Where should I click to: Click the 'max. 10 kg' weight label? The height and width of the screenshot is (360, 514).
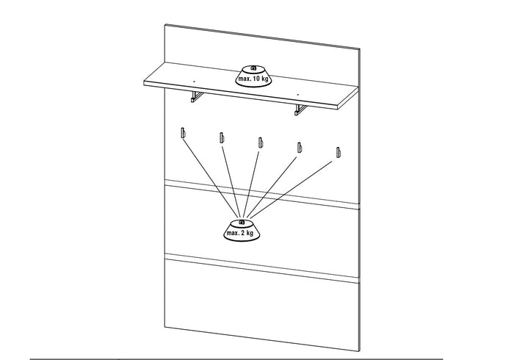(253, 79)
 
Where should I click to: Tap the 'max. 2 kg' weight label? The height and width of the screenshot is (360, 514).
(240, 233)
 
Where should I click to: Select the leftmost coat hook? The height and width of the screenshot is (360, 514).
(183, 133)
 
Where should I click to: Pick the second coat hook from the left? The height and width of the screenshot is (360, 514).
(222, 137)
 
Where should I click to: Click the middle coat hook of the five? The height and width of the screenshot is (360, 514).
(261, 143)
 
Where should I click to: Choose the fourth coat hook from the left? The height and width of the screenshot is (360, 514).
(300, 148)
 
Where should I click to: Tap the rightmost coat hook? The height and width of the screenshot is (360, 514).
(339, 153)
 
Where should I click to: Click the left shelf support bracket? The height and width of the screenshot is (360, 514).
(197, 97)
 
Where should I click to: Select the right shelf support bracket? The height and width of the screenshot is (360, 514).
(301, 109)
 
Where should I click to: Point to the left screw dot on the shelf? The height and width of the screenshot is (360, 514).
(194, 81)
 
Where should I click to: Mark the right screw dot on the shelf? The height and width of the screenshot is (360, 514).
(297, 95)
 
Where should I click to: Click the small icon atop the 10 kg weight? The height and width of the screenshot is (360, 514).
(253, 68)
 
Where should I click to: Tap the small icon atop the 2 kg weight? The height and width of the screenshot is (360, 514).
(242, 223)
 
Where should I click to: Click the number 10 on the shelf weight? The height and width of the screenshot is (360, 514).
(256, 79)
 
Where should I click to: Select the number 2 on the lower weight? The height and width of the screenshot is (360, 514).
(243, 233)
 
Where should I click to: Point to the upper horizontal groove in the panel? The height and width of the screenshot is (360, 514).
(262, 195)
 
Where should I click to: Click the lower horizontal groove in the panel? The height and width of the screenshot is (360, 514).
(262, 268)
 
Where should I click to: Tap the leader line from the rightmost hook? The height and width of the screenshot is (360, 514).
(292, 189)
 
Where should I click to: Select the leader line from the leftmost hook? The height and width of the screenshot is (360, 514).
(211, 178)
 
